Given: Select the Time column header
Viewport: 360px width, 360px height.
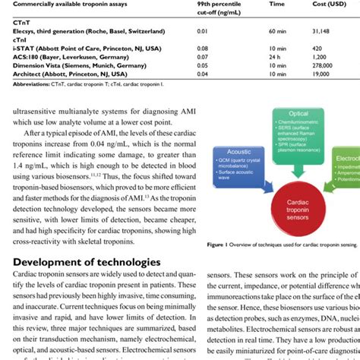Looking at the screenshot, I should coord(276,5).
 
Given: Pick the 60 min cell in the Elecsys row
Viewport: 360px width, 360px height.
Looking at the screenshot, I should coord(277,31).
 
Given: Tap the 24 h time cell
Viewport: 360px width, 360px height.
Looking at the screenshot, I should coord(275,56).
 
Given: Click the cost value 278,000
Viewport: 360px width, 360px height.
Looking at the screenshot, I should coord(322,65).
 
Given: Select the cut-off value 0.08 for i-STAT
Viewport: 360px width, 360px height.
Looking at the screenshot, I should coord(202,48).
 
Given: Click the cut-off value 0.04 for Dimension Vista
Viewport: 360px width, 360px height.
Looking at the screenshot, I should coord(202,65).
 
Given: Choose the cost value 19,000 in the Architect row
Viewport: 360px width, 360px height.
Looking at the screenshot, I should coord(321,73).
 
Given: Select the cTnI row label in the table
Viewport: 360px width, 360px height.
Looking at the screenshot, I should coord(10,39).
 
